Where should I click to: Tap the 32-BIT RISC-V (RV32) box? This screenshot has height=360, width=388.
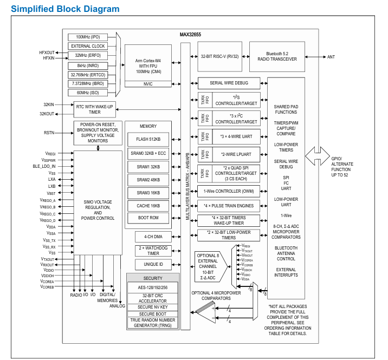[x=219, y=56]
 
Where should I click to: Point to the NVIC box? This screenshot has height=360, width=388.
[x=148, y=84]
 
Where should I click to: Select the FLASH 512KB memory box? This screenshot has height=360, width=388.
[x=148, y=139]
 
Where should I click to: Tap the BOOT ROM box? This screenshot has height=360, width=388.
[x=148, y=218]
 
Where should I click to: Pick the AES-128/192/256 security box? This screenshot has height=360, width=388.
[x=153, y=287]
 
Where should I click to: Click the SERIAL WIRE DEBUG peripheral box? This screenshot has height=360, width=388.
[x=229, y=83]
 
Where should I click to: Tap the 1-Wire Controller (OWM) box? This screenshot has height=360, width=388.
[x=229, y=191]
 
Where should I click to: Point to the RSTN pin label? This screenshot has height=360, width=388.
[x=49, y=133]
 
